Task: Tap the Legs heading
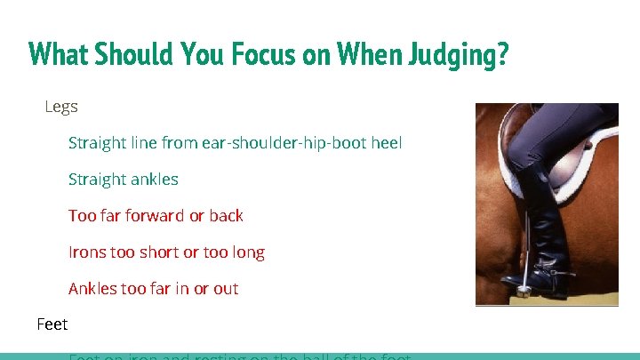click(61, 107)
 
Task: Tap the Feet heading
click(52, 324)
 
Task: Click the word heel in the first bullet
click(387, 142)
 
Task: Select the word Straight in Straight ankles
click(97, 179)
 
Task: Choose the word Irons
click(87, 252)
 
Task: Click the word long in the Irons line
click(248, 252)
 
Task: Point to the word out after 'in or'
click(226, 288)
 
